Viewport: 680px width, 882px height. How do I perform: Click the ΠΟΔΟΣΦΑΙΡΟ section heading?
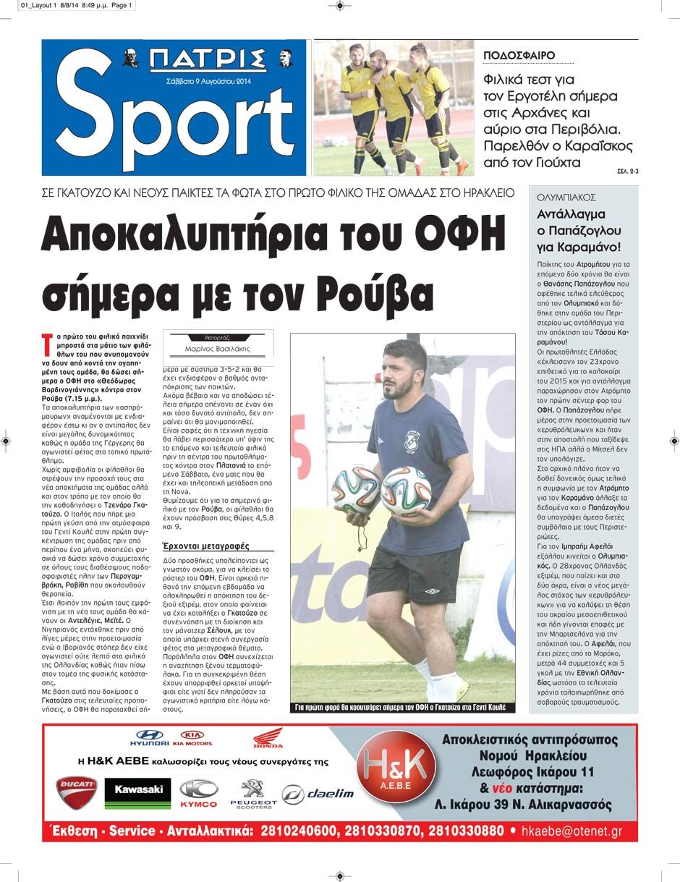519,55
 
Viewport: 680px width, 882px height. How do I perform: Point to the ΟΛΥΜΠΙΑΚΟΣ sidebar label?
566,197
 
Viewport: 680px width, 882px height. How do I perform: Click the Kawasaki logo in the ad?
137,791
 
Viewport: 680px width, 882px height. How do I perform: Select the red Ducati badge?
77,792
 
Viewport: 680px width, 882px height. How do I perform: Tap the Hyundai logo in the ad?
150,737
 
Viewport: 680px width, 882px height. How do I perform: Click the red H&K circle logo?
399,769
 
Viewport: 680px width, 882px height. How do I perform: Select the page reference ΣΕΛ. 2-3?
628,171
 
